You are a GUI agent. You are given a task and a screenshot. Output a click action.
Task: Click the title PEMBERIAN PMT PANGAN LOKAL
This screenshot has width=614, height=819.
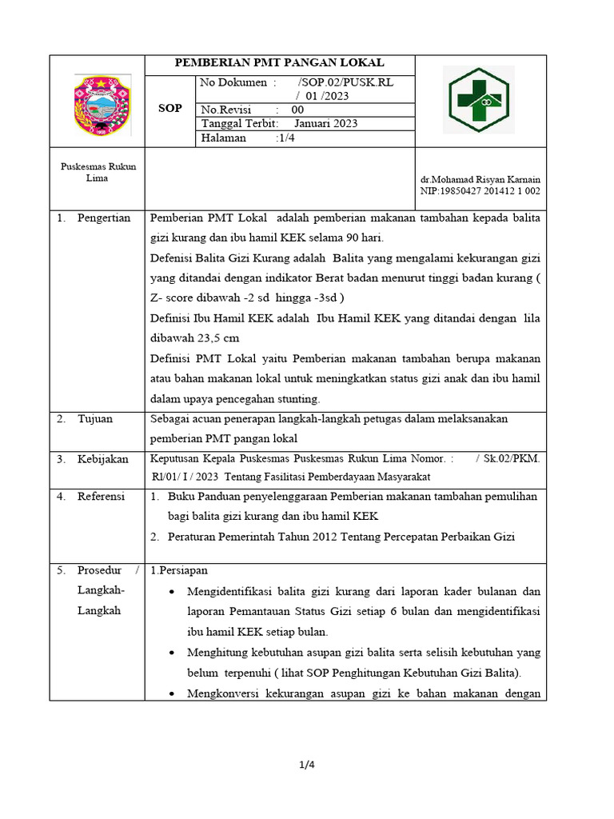(280, 63)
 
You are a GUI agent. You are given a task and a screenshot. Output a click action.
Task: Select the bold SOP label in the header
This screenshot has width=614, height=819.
(170, 109)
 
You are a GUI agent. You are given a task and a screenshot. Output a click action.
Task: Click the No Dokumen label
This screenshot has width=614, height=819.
(237, 82)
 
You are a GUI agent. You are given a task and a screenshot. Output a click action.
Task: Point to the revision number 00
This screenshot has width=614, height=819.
(297, 110)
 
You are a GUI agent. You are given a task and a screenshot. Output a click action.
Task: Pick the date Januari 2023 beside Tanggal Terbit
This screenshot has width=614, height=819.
(325, 123)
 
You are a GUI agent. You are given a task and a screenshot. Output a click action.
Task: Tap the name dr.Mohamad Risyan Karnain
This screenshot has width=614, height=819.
(480, 181)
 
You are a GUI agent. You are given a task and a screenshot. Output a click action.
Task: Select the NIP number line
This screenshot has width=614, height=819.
(480, 192)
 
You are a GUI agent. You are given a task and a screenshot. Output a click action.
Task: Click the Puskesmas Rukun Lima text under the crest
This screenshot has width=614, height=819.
(98, 172)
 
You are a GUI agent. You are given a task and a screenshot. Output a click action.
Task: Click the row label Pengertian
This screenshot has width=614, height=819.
(104, 218)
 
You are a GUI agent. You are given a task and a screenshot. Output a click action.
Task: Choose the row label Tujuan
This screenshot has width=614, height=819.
(95, 418)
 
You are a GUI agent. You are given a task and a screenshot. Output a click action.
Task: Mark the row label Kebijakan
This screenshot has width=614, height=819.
(103, 458)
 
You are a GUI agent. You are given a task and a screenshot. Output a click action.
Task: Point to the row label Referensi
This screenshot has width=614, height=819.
(102, 497)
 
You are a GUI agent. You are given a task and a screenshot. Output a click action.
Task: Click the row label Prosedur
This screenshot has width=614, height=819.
(100, 570)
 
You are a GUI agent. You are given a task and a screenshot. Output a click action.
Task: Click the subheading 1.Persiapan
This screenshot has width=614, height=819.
(179, 570)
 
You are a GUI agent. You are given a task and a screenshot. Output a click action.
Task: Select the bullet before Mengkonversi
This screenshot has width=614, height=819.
(174, 694)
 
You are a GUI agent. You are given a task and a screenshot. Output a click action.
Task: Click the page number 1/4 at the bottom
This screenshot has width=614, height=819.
(307, 765)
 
